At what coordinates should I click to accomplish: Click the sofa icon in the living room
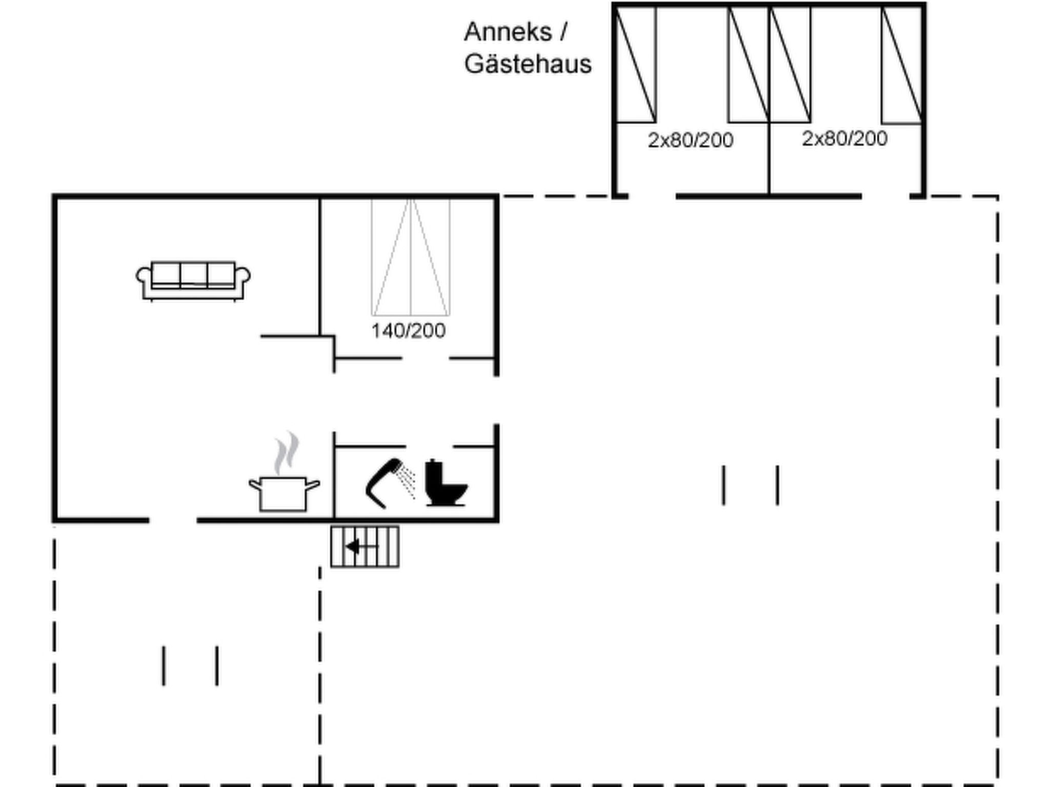(193, 281)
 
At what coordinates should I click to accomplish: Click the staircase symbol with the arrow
(365, 547)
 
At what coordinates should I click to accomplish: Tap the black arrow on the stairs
(361, 547)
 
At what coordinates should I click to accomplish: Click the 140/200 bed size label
(408, 331)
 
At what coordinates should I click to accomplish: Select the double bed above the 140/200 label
(411, 257)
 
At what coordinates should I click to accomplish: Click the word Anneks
(508, 32)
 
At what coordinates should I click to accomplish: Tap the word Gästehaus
(528, 65)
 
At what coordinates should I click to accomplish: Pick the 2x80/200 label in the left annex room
(691, 140)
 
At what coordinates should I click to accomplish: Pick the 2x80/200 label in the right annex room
(844, 138)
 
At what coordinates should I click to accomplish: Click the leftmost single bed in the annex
(636, 65)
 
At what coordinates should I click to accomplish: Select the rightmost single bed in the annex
(902, 65)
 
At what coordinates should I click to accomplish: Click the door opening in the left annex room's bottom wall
(652, 196)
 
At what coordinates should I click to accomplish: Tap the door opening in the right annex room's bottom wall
(885, 196)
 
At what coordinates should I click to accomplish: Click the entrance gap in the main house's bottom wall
(173, 521)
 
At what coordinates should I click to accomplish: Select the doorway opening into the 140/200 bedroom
(426, 358)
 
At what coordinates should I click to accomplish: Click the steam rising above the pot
(286, 453)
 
